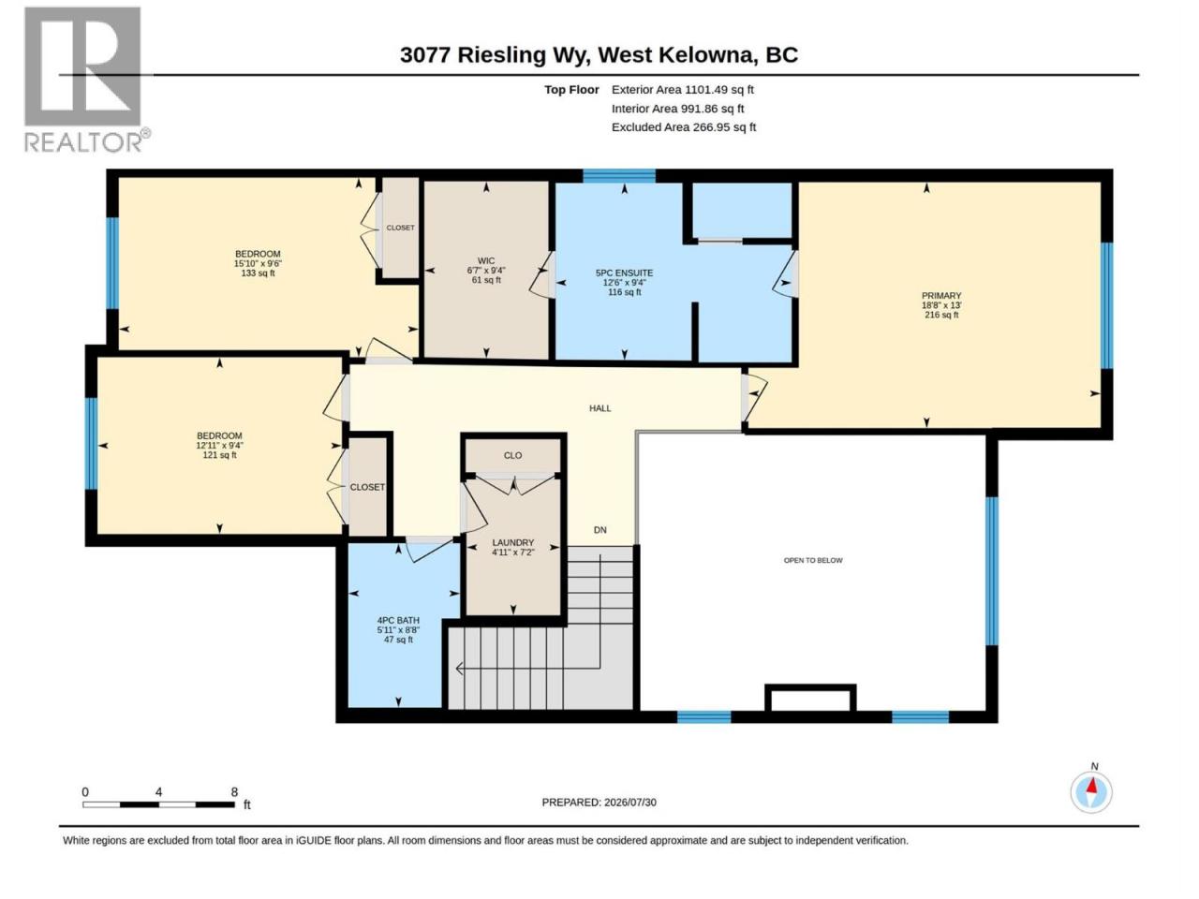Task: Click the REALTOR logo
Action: pyautogui.click(x=86, y=80)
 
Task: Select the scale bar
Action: pyautogui.click(x=159, y=804)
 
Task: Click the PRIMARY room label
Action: pyautogui.click(x=941, y=305)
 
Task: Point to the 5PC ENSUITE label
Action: pyautogui.click(x=625, y=282)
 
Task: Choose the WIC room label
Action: pyautogui.click(x=486, y=271)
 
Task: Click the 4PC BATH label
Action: pyautogui.click(x=398, y=629)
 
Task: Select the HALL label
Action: pyautogui.click(x=599, y=408)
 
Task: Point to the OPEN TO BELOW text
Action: pyautogui.click(x=813, y=560)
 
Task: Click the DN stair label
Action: pyautogui.click(x=599, y=530)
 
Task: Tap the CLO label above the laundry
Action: pyautogui.click(x=513, y=455)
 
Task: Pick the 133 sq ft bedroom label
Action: pyautogui.click(x=258, y=263)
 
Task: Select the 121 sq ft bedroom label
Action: pyautogui.click(x=219, y=445)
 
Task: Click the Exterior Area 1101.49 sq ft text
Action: pyautogui.click(x=683, y=90)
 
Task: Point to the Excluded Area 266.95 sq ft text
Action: pyautogui.click(x=684, y=127)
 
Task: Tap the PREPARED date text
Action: pyautogui.click(x=599, y=803)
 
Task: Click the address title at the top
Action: pyautogui.click(x=599, y=55)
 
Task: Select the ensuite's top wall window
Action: pyautogui.click(x=619, y=175)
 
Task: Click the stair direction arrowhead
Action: pyautogui.click(x=460, y=668)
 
